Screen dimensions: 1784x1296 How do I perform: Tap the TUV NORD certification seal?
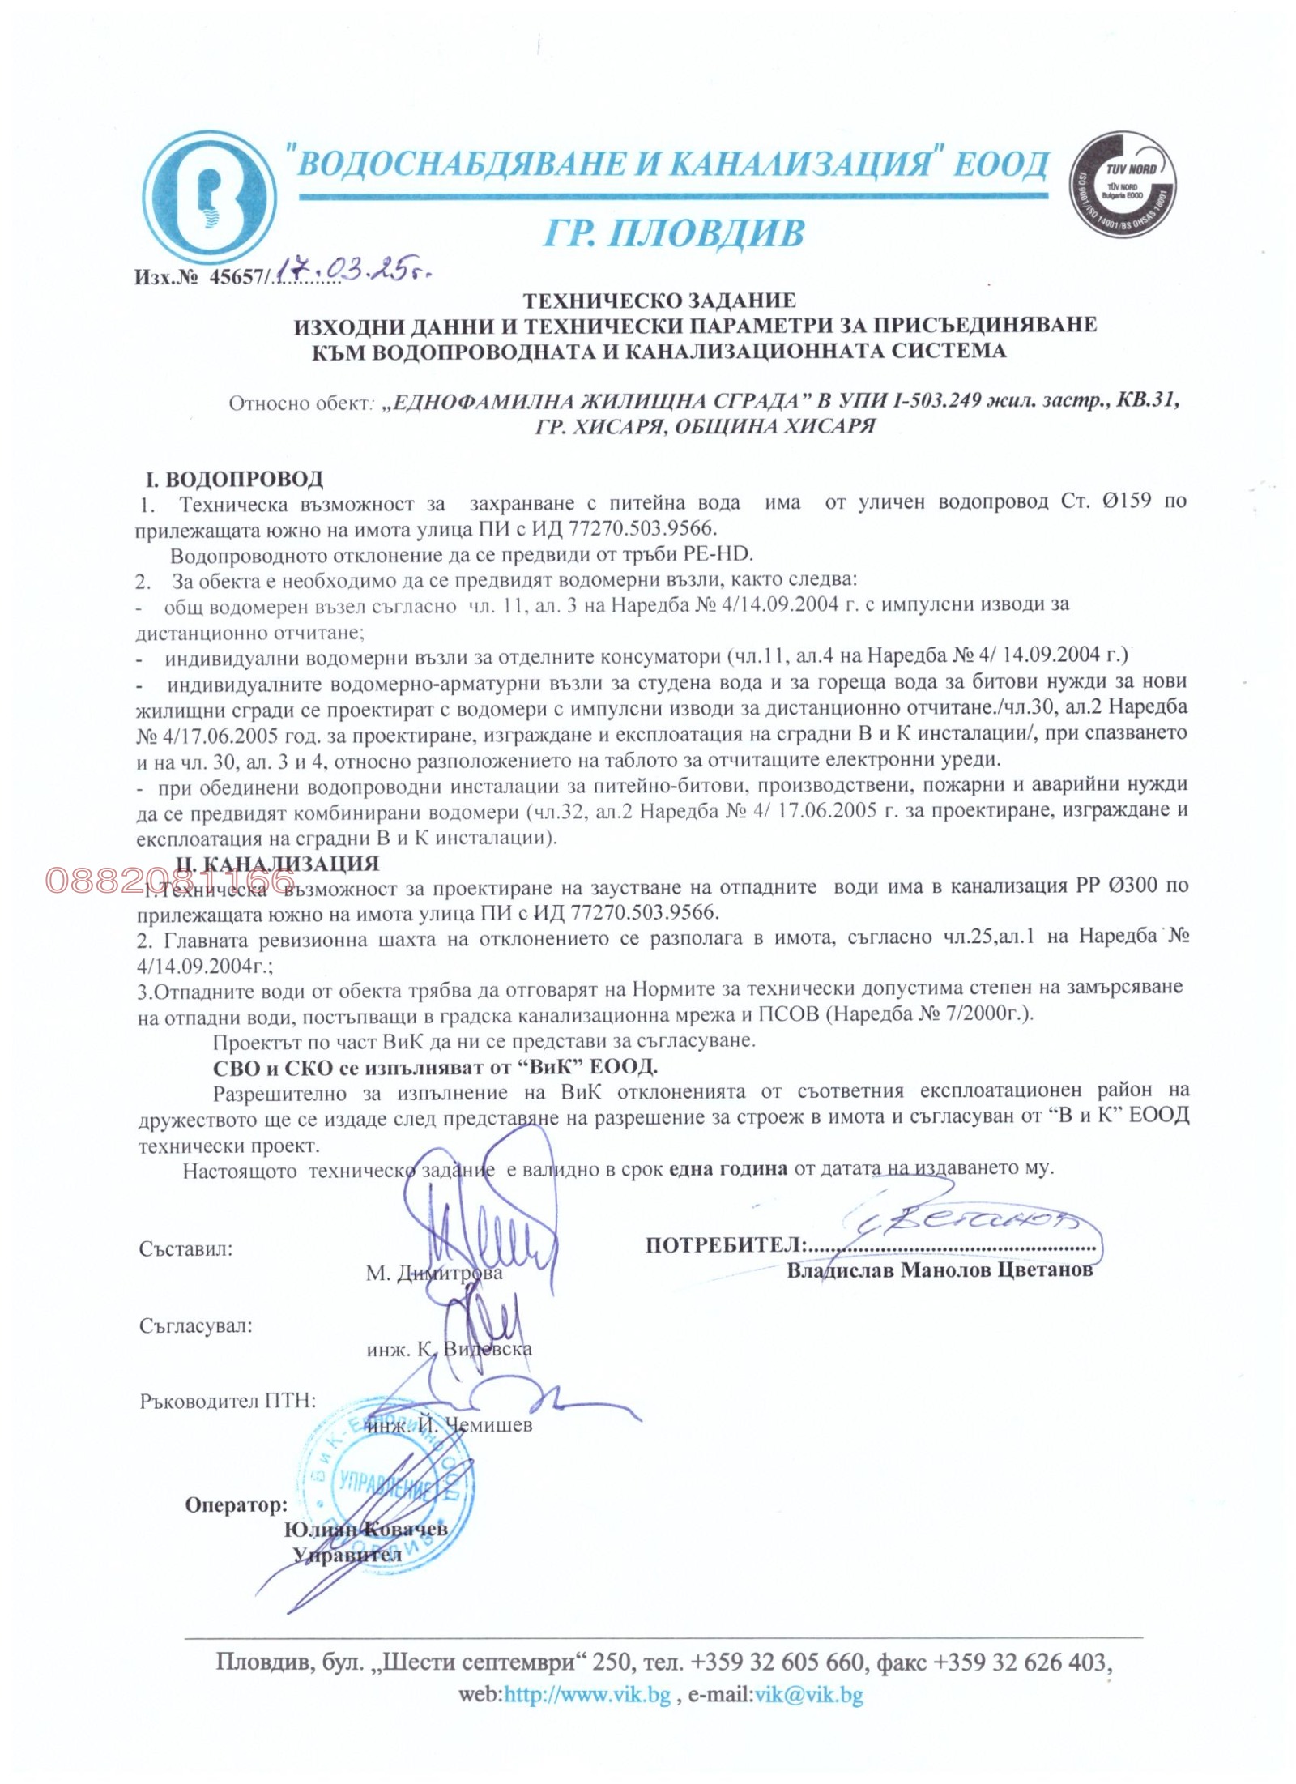pos(1123,186)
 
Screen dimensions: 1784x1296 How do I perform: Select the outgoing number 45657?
pos(235,277)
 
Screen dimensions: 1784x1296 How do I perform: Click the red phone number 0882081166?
pos(170,881)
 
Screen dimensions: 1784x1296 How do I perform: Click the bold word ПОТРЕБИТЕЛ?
pos(724,1245)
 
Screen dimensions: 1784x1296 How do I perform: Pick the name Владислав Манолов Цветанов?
pos(940,1270)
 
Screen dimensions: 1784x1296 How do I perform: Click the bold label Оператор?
pos(236,1504)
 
